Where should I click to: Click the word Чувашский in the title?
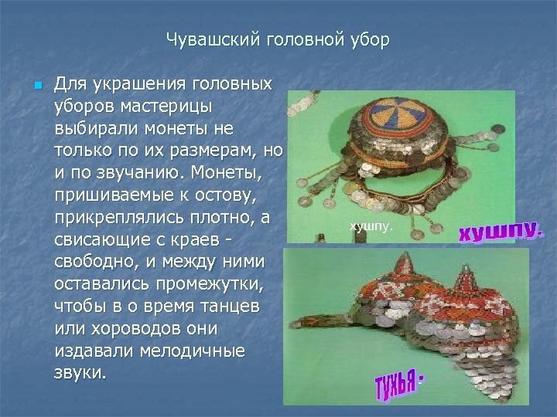(x=204, y=39)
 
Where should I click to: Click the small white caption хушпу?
(x=372, y=226)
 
